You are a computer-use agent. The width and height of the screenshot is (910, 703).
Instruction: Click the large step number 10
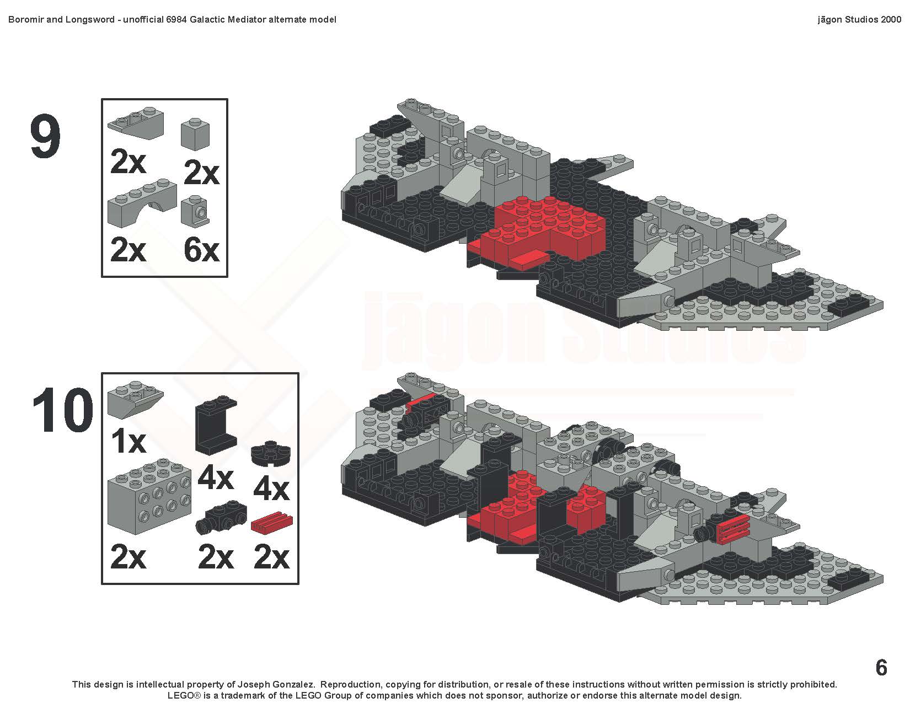pyautogui.click(x=62, y=410)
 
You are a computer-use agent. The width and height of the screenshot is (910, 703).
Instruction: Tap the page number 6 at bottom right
pyautogui.click(x=881, y=667)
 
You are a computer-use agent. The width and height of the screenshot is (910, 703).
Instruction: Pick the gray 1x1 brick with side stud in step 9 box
pyautogui.click(x=195, y=211)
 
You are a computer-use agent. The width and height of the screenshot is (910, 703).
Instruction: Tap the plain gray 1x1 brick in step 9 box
pyautogui.click(x=195, y=134)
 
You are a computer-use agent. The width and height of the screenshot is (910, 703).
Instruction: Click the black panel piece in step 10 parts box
pyautogui.click(x=216, y=425)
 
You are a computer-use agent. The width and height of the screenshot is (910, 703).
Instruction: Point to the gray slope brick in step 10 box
pyautogui.click(x=136, y=399)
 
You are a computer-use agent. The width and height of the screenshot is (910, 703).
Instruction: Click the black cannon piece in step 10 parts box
pyautogui.click(x=221, y=517)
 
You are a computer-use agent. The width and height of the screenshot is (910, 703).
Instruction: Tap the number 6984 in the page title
pyautogui.click(x=176, y=20)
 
